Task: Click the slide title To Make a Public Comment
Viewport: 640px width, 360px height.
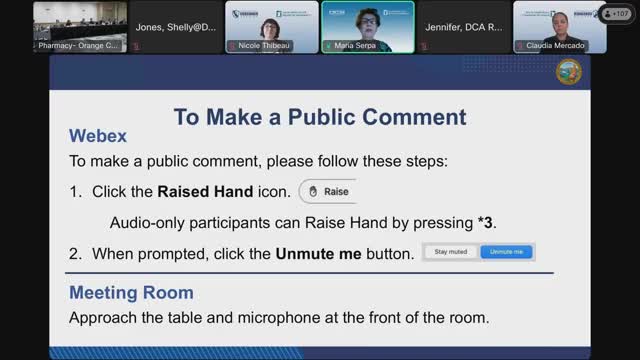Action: [320, 116]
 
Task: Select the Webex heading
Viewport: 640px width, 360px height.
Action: [98, 136]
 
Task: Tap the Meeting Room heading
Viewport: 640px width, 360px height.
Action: [131, 293]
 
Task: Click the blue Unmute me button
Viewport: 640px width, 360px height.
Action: [507, 252]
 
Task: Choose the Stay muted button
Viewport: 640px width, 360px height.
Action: [451, 252]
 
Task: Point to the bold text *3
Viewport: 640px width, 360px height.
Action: [485, 222]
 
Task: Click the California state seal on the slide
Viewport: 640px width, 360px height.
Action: [568, 73]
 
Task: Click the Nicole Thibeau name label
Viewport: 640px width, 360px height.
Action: [264, 46]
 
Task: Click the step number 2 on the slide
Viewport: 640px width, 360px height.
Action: [76, 254]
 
